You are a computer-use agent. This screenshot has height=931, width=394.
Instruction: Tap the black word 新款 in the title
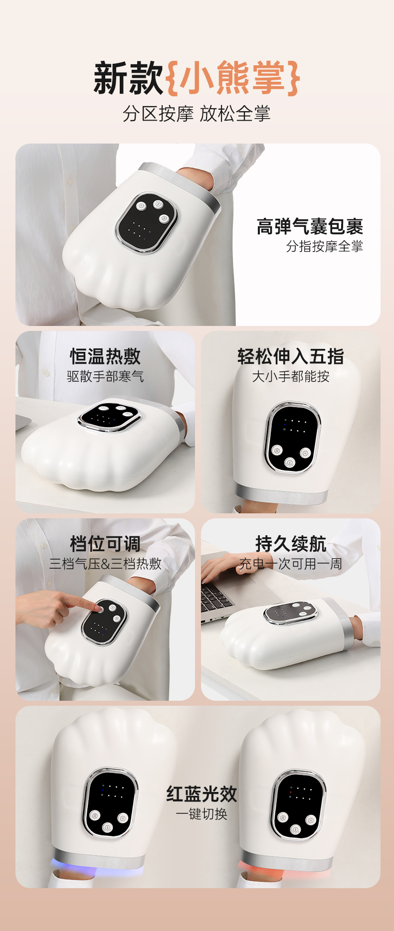(129, 78)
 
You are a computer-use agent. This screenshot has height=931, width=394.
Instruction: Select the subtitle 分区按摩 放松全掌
(197, 114)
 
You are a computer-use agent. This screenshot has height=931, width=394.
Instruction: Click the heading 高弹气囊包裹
(310, 226)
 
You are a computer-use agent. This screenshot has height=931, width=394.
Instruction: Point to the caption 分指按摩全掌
(324, 246)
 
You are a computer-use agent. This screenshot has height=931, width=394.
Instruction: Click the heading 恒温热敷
(105, 356)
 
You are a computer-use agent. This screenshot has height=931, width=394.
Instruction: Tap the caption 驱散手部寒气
(105, 376)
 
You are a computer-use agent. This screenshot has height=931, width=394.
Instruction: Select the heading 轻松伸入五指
(291, 356)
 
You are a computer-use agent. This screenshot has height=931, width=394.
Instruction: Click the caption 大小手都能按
(291, 376)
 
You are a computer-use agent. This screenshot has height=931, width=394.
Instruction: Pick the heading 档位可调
(105, 544)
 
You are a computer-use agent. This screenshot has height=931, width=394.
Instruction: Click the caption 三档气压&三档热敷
(105, 564)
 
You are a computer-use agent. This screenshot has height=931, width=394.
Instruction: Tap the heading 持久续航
(291, 544)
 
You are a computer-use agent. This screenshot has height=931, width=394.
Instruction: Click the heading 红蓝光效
(201, 793)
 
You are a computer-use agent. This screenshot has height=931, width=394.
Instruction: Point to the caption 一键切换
(201, 814)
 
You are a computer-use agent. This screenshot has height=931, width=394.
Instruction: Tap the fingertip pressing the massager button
(98, 608)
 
